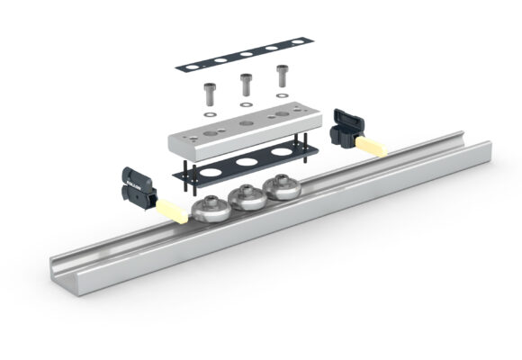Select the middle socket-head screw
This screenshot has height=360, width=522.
coord(243,85)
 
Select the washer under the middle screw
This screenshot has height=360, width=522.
coord(243,106)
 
